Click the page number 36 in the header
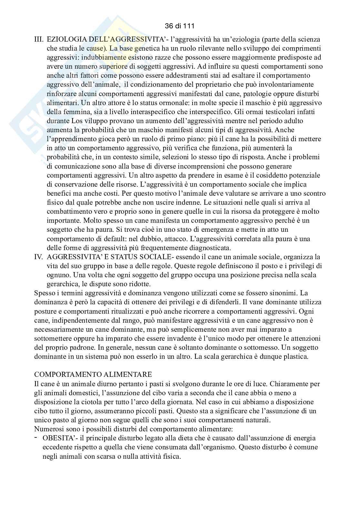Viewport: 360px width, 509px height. click(x=168, y=25)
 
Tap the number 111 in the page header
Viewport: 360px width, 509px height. click(x=188, y=25)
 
